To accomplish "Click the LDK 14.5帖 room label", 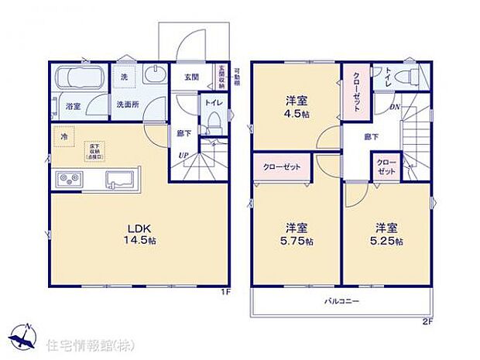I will [139, 234].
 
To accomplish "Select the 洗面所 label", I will [128, 104].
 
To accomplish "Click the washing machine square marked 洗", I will [125, 77].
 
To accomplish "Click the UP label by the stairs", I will [183, 156].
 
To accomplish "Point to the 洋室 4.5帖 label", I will [297, 104].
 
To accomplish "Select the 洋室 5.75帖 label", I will [297, 234].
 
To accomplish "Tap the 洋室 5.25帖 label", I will [389, 234].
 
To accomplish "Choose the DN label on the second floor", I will [394, 107].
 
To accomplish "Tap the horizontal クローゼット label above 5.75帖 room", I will [282, 166].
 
